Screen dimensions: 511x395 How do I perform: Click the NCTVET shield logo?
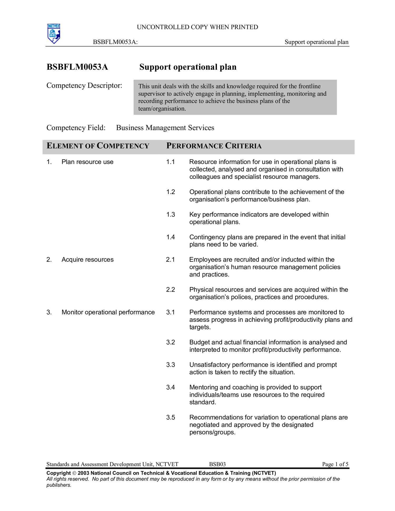click(x=54, y=33)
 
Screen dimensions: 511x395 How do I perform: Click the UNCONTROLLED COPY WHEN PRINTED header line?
click(x=197, y=27)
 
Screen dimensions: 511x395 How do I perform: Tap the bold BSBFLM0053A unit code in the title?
click(x=77, y=67)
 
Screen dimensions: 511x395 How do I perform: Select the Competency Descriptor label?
click(x=84, y=86)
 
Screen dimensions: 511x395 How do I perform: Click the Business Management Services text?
click(x=165, y=128)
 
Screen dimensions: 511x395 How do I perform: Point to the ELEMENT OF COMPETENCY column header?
click(x=98, y=146)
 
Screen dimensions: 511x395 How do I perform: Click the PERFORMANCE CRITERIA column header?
click(x=214, y=146)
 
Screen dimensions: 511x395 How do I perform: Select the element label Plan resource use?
click(x=87, y=162)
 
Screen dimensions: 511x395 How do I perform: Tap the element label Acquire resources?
click(x=87, y=260)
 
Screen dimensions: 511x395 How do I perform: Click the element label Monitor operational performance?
click(x=108, y=312)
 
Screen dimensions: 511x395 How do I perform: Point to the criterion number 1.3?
click(x=170, y=215)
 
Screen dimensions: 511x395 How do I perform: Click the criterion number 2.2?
click(x=170, y=290)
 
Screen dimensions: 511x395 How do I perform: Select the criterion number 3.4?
click(x=170, y=387)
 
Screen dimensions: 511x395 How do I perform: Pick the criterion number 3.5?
click(x=170, y=417)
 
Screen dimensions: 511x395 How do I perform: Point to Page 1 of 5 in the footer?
click(x=335, y=464)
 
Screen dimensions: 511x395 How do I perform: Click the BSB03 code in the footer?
click(x=217, y=464)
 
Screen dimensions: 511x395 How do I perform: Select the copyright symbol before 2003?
click(x=74, y=473)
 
